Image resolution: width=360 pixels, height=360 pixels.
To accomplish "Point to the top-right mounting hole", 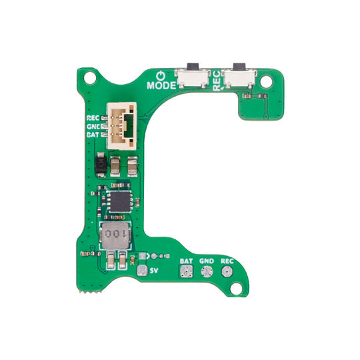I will tap(267, 81).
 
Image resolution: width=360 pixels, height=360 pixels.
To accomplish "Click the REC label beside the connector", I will tap(93, 119).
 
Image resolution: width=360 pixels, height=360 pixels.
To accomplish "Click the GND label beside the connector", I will tap(93, 127).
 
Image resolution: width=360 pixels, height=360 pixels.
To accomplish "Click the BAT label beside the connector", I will tap(93, 135).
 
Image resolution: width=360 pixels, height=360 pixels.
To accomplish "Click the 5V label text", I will tap(153, 271).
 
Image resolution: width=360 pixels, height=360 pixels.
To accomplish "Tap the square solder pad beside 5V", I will tap(141, 271).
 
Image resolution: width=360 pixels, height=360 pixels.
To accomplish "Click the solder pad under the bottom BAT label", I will tap(187, 272).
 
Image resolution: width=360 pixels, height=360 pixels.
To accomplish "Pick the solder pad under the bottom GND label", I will tap(207, 272).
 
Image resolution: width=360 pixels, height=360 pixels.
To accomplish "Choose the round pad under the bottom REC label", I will tap(227, 272).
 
